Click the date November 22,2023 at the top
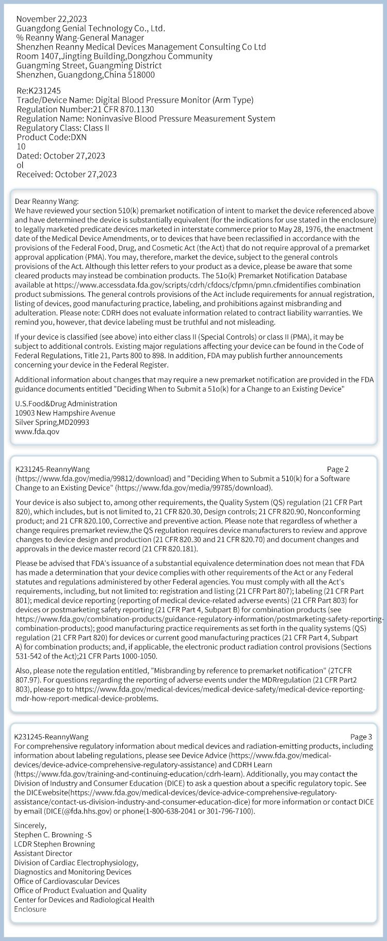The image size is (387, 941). [52, 19]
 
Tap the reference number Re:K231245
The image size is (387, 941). [39, 91]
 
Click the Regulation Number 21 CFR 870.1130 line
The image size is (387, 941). [85, 109]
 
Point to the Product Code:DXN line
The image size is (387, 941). [52, 137]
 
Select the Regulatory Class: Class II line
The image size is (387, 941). [63, 128]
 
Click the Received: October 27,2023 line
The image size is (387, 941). [67, 174]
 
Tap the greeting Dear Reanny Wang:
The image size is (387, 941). [47, 201]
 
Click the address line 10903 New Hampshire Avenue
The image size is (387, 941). [65, 413]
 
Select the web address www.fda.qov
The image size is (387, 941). [37, 432]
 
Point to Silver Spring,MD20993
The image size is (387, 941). [52, 422]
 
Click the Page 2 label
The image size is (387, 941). [338, 469]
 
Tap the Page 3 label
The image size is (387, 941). [361, 737]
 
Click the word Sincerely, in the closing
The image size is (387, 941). [30, 825]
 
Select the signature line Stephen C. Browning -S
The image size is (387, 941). [53, 835]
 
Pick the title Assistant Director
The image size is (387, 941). [43, 853]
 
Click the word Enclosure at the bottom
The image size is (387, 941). [30, 909]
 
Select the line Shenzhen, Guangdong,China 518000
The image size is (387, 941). [86, 75]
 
